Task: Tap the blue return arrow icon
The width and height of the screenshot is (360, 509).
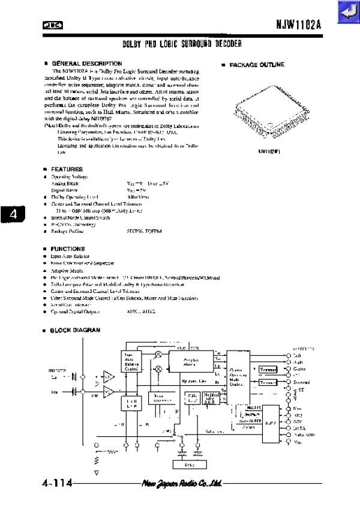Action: click(347, 13)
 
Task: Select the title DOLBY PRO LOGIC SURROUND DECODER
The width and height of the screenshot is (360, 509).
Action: click(182, 44)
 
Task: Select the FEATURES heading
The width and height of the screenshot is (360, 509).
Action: click(67, 169)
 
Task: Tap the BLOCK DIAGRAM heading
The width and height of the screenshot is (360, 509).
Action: click(74, 330)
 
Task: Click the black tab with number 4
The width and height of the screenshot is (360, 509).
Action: click(13, 214)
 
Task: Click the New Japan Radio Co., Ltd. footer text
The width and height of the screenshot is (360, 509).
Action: click(182, 484)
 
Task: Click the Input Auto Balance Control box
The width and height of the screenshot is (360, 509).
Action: click(132, 358)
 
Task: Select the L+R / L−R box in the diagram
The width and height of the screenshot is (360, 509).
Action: click(131, 403)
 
